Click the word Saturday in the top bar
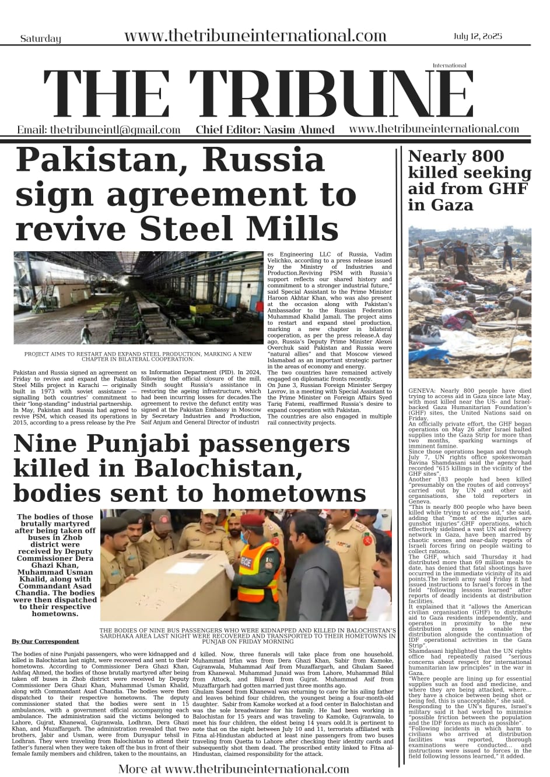pos(40,39)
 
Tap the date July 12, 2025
pos(477,37)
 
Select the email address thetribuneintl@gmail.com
pos(99,130)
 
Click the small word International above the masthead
pos(450,66)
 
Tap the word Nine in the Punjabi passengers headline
pos(47,444)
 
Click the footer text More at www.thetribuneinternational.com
pos(233,769)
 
